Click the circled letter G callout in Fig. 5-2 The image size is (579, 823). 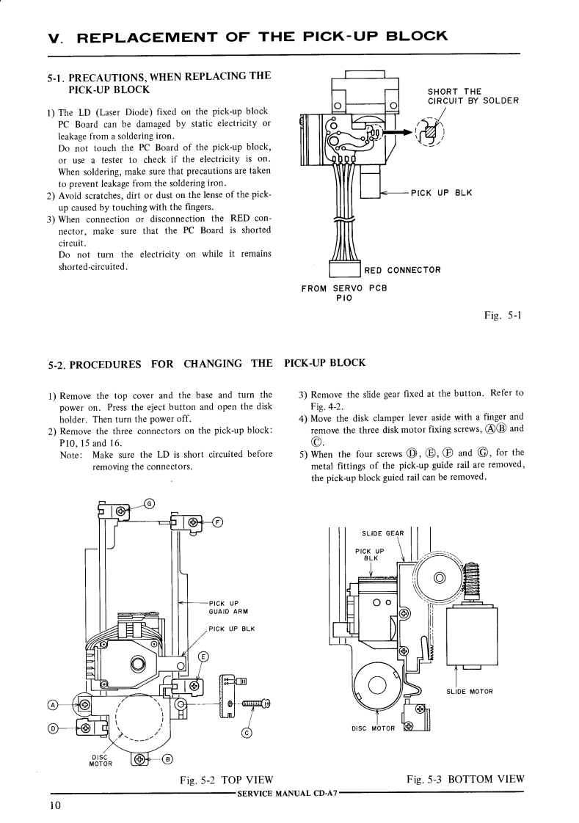150,503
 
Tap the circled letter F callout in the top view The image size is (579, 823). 216,522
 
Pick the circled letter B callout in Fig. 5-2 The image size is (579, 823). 167,758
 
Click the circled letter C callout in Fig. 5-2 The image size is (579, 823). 247,732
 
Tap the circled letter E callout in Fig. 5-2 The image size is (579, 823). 204,656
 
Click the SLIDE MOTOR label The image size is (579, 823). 470,691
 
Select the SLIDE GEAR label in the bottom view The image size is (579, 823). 384,533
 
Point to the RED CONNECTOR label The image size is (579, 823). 402,270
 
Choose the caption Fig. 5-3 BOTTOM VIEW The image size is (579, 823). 465,780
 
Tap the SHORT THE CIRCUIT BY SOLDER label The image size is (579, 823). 473,96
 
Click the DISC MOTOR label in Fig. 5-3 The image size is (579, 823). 374,728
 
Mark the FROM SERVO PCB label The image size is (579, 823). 343,293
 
